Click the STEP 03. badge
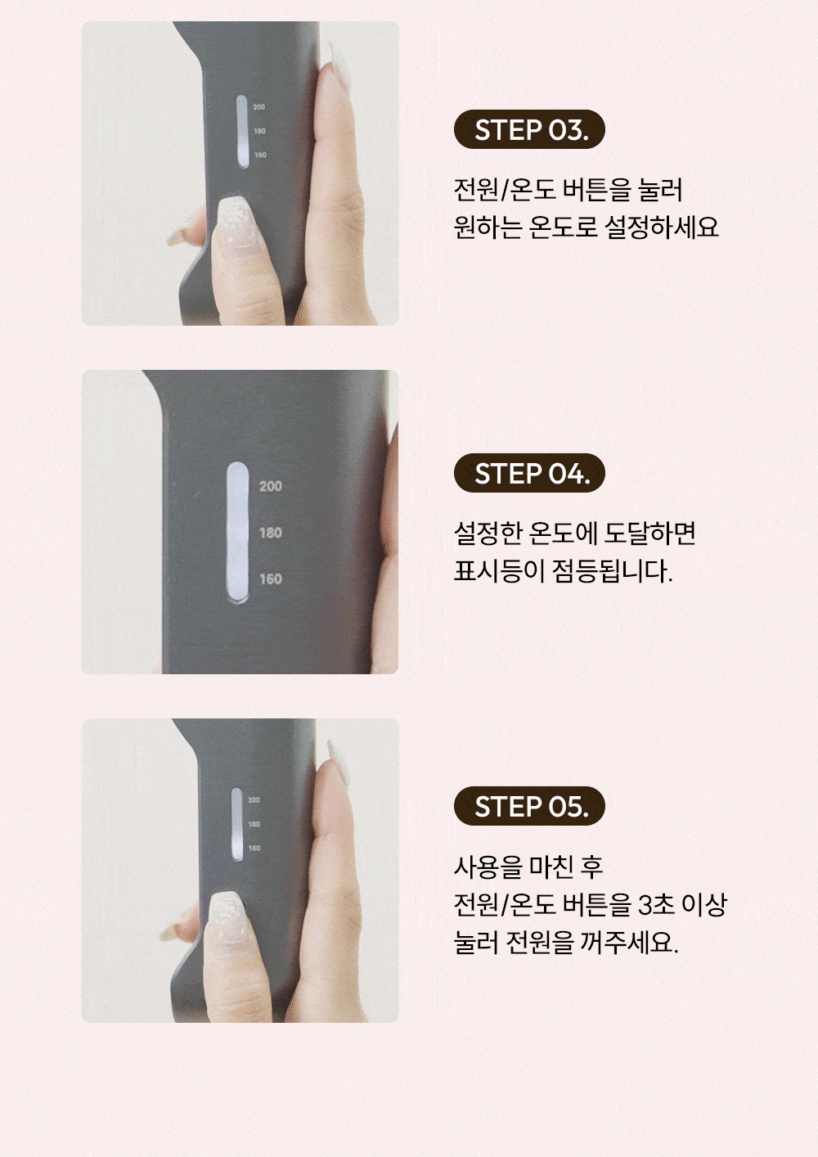[529, 129]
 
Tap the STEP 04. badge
[529, 473]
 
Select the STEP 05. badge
[529, 806]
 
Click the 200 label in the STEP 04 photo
[271, 486]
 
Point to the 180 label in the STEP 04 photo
[271, 533]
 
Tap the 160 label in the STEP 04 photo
[271, 579]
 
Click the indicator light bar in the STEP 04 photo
[237, 532]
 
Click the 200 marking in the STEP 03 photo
[259, 107]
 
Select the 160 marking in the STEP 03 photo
[260, 155]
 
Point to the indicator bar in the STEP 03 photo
[242, 132]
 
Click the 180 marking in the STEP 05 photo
[254, 824]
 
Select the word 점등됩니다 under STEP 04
[613, 571]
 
